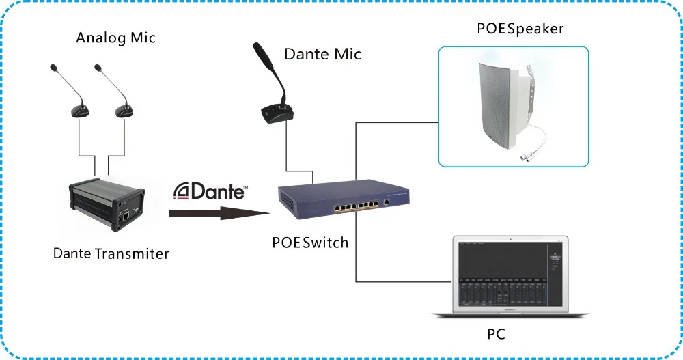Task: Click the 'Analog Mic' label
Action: pyautogui.click(x=116, y=38)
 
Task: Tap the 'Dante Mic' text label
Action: pyautogui.click(x=323, y=54)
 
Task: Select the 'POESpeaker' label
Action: pyautogui.click(x=520, y=29)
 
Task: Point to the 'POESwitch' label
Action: pyautogui.click(x=310, y=243)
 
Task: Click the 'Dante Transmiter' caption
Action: pyautogui.click(x=111, y=253)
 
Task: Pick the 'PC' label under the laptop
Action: pyautogui.click(x=496, y=334)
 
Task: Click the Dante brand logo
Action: pyautogui.click(x=211, y=192)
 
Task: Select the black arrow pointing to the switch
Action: pyautogui.click(x=220, y=213)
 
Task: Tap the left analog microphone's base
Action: pyautogui.click(x=80, y=112)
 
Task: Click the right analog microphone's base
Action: pyautogui.click(x=124, y=112)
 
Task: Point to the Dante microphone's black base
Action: pyautogui.click(x=277, y=114)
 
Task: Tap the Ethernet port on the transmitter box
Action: pyautogui.click(x=126, y=216)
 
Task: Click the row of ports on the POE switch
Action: pyautogui.click(x=357, y=206)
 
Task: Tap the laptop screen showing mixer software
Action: pyautogui.click(x=510, y=275)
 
